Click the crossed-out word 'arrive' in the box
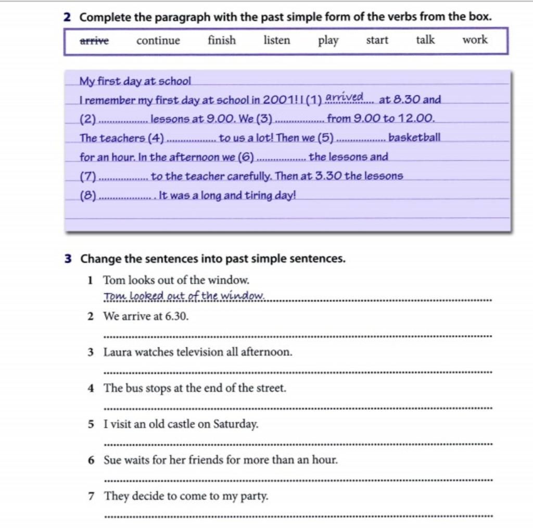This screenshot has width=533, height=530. pos(94,41)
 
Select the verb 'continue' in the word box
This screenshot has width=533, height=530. pos(158,41)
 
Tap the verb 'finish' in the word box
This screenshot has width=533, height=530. pos(222,40)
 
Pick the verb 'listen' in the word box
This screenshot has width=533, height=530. pos(277,40)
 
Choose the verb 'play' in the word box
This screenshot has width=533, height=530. pos(328,41)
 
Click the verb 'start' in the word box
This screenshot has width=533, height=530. pos(377,40)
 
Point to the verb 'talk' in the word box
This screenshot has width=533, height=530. pos(425,40)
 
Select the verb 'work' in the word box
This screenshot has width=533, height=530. pos(475,40)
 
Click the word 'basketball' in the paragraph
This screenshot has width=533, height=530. pos(414,138)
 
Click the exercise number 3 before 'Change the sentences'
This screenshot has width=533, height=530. pos(68,258)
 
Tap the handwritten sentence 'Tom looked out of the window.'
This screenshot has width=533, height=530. pos(184,296)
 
